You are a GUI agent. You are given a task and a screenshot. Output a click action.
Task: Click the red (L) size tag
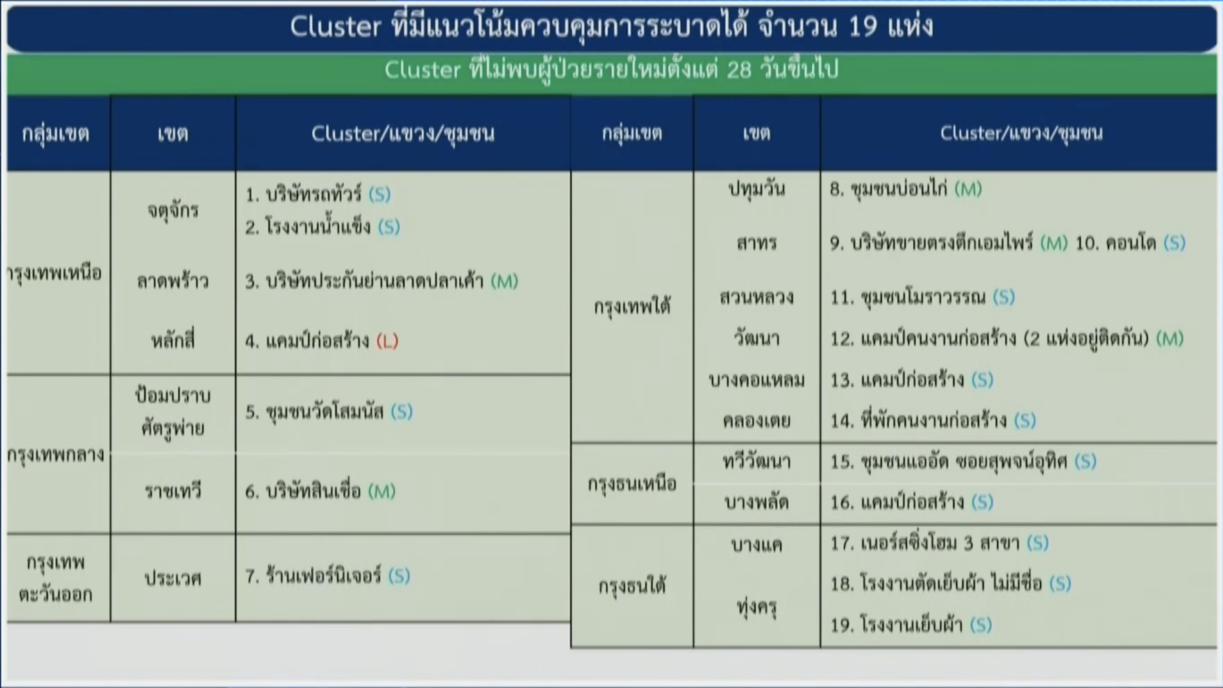[387, 341]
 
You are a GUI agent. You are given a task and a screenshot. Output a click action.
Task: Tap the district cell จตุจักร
[173, 210]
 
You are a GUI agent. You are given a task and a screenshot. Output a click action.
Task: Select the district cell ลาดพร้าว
[173, 281]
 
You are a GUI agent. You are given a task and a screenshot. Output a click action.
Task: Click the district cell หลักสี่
[173, 340]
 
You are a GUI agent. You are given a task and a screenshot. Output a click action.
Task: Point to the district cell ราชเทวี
[173, 491]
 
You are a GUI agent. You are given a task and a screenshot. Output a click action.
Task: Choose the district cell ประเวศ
[173, 578]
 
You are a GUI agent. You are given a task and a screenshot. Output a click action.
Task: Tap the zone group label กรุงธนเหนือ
[632, 483]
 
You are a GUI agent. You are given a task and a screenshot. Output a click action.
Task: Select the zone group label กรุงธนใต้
[632, 587]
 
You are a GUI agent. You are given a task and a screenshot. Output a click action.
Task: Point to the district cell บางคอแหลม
[757, 380]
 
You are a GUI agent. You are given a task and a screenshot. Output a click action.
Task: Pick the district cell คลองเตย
[757, 421]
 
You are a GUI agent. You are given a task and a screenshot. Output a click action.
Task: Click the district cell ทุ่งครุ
[757, 606]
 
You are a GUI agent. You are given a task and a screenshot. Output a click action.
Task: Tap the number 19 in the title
[863, 27]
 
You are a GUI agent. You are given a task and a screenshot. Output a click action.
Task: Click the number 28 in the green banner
[740, 70]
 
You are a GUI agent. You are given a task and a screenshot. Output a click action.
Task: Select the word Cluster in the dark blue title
[335, 27]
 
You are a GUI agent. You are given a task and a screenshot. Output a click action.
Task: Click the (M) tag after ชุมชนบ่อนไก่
[968, 189]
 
